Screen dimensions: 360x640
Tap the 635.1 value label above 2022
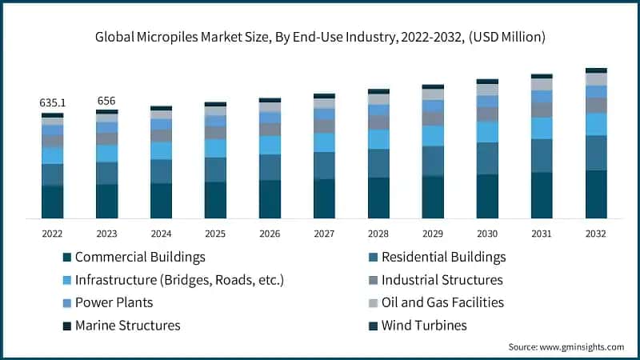(x=53, y=103)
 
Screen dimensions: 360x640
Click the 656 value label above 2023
(x=106, y=101)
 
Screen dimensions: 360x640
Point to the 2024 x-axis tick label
(x=161, y=234)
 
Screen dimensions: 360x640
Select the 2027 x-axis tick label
(x=324, y=234)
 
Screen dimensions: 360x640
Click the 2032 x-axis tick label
(x=595, y=234)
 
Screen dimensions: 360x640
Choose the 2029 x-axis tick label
(x=433, y=234)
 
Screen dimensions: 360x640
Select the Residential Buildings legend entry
(x=443, y=258)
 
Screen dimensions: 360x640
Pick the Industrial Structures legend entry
(x=442, y=280)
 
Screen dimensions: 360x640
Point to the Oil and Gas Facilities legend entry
(x=442, y=302)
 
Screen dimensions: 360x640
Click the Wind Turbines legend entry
(x=424, y=326)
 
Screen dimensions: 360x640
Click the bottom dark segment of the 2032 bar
(x=596, y=194)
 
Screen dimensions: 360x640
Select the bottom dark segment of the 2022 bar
(x=53, y=202)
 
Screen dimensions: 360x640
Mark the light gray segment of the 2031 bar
(x=542, y=84)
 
